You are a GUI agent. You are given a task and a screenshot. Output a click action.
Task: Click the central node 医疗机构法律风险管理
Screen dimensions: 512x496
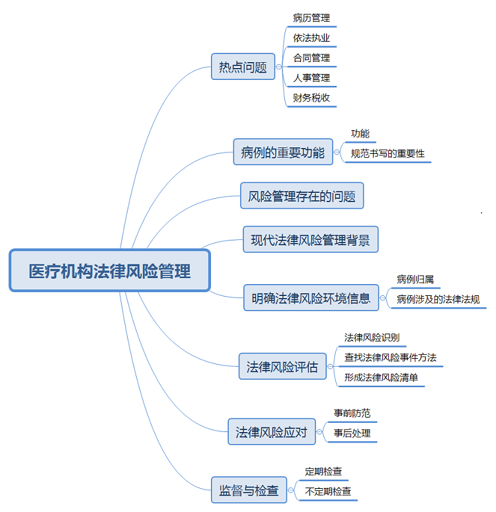pyautogui.click(x=110, y=270)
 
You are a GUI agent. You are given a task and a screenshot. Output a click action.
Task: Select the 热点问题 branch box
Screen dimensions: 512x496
pyautogui.click(x=243, y=67)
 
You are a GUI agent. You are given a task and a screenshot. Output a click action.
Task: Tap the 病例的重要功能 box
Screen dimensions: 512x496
pyautogui.click(x=282, y=153)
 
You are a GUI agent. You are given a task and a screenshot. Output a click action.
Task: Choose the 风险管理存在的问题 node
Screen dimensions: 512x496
pyautogui.click(x=302, y=196)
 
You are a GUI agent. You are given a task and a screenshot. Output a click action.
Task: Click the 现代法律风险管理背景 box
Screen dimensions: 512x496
pyautogui.click(x=310, y=239)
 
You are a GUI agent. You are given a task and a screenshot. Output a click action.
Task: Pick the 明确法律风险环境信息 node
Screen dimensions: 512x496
pyautogui.click(x=311, y=297)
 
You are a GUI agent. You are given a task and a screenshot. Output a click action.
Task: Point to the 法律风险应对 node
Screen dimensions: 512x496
pyautogui.click(x=271, y=432)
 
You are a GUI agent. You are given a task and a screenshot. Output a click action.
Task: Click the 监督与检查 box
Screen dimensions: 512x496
pyautogui.click(x=249, y=491)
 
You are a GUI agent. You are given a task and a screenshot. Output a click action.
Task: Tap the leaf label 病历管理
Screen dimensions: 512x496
pyautogui.click(x=311, y=18)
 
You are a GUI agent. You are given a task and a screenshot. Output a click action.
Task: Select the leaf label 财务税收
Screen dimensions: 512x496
pyautogui.click(x=311, y=98)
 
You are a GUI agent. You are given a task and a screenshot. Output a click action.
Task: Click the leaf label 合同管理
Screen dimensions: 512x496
pyautogui.click(x=311, y=57)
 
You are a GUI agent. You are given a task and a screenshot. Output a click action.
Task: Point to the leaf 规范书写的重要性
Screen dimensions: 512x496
pyautogui.click(x=388, y=154)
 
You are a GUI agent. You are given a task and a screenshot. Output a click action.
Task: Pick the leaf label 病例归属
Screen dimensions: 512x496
pyautogui.click(x=415, y=279)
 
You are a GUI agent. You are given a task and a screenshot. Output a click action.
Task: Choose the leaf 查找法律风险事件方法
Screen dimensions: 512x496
pyautogui.click(x=390, y=357)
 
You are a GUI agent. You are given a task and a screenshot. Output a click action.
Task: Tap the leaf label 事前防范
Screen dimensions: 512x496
pyautogui.click(x=352, y=413)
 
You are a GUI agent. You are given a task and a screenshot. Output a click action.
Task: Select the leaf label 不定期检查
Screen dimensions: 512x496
pyautogui.click(x=328, y=492)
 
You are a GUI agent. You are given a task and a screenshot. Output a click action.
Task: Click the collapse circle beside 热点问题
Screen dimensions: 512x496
pyautogui.click(x=279, y=67)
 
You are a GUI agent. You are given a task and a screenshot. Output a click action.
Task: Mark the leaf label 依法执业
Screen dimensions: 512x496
pyautogui.click(x=311, y=38)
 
